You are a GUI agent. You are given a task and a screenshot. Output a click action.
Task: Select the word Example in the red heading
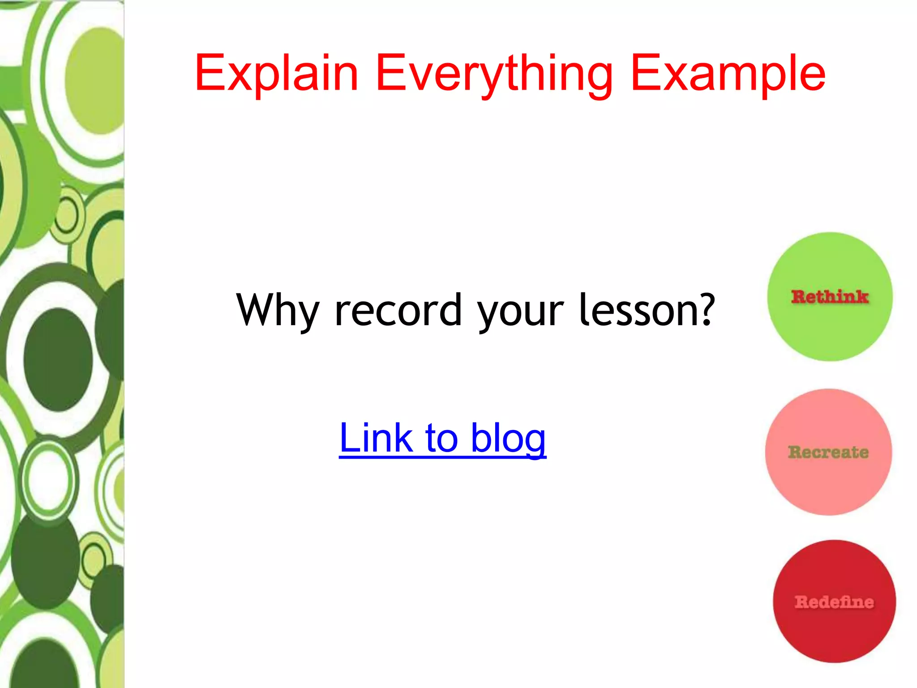point(728,74)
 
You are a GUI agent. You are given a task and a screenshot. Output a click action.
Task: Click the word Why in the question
point(278,310)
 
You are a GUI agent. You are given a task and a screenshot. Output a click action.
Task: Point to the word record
point(398,310)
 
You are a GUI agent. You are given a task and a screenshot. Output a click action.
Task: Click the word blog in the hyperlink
point(508,439)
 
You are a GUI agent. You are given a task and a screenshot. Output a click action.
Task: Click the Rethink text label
point(830,297)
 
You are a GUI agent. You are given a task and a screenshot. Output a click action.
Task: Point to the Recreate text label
point(828,452)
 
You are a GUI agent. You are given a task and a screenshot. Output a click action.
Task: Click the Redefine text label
point(834,602)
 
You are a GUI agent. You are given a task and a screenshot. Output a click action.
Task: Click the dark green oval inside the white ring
point(58,359)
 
